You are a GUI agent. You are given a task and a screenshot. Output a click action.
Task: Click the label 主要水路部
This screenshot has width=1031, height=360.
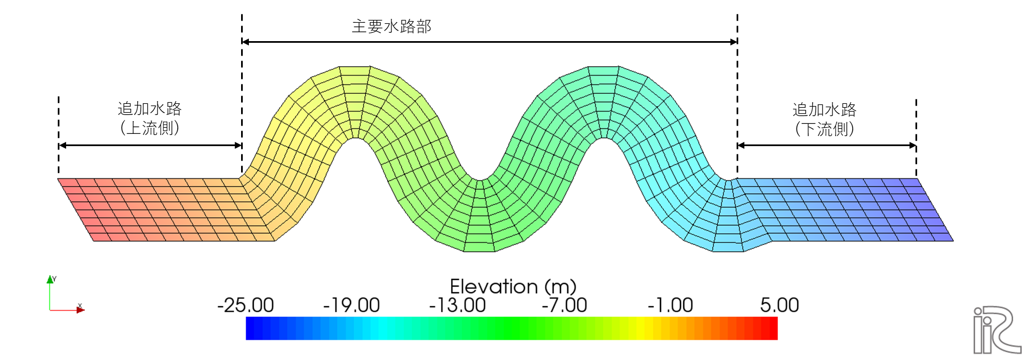(x=392, y=26)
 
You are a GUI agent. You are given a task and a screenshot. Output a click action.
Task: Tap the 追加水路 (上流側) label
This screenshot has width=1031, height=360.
(x=149, y=118)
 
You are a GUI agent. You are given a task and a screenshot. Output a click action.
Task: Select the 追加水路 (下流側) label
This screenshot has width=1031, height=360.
(x=824, y=119)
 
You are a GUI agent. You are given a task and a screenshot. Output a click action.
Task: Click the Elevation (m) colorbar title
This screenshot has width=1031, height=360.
(x=513, y=287)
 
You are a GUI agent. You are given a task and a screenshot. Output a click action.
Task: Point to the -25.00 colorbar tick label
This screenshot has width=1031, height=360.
(x=246, y=305)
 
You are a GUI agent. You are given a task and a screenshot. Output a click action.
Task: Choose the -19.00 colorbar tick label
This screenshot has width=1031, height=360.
(x=352, y=305)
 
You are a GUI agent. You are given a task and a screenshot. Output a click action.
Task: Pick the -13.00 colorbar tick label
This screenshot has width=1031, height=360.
(x=457, y=305)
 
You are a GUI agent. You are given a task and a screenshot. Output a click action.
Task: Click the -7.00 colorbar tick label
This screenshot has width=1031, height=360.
(x=564, y=305)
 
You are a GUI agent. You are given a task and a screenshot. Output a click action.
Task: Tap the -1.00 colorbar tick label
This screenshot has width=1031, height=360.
(x=670, y=305)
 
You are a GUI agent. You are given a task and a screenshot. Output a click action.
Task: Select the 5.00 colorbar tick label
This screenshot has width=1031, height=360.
(x=779, y=305)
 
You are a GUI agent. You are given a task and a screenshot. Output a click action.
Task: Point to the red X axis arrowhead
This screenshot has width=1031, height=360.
(x=81, y=310)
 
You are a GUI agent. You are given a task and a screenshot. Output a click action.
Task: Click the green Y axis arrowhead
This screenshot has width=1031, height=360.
(x=50, y=279)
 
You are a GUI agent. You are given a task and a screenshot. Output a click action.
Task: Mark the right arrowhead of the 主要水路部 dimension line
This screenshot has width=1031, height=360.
(x=734, y=42)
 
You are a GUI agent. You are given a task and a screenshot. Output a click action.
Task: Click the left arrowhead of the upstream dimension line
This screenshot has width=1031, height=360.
(x=62, y=146)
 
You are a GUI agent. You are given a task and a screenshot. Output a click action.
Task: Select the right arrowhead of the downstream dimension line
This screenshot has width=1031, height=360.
(x=913, y=146)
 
